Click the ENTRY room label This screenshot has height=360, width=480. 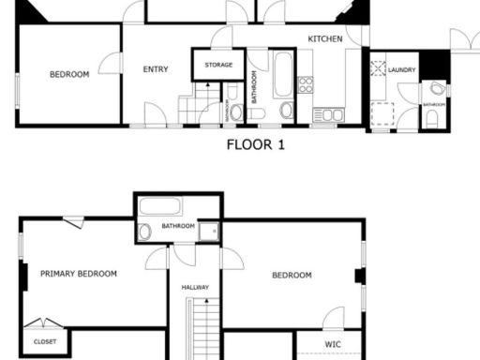156,69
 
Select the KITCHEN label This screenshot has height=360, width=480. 325,38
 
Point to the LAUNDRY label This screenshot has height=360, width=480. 402,69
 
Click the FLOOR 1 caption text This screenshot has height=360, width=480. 255,145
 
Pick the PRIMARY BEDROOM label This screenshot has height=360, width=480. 79,274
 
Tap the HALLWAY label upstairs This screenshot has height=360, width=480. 195,287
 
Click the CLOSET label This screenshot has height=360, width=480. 45,342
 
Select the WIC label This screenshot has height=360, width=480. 332,345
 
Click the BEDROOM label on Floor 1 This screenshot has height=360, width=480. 69,75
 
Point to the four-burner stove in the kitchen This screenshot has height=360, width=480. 306,84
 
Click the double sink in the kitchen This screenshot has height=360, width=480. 328,115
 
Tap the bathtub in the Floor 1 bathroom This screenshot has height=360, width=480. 283,75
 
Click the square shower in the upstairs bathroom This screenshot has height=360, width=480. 208,231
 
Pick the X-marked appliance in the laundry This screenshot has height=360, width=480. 378,67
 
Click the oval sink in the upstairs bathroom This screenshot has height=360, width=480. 145,232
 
